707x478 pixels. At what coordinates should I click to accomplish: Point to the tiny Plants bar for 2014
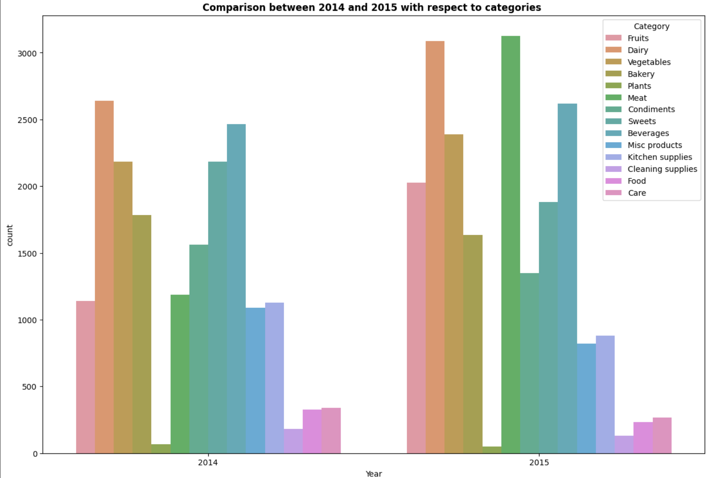coord(161,449)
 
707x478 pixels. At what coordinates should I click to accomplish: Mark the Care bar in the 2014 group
coord(331,431)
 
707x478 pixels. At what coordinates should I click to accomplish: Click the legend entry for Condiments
coord(651,110)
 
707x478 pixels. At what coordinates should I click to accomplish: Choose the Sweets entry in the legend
coord(642,121)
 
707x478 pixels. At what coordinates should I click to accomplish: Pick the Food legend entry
coord(637,181)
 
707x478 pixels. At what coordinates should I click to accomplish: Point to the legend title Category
coord(651,26)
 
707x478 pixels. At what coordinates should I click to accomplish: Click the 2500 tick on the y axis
coord(27,120)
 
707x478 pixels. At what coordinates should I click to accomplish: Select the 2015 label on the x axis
coord(539,463)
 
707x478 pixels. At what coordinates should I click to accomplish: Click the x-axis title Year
coord(373,474)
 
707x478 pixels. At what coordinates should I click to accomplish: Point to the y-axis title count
coord(10,235)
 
